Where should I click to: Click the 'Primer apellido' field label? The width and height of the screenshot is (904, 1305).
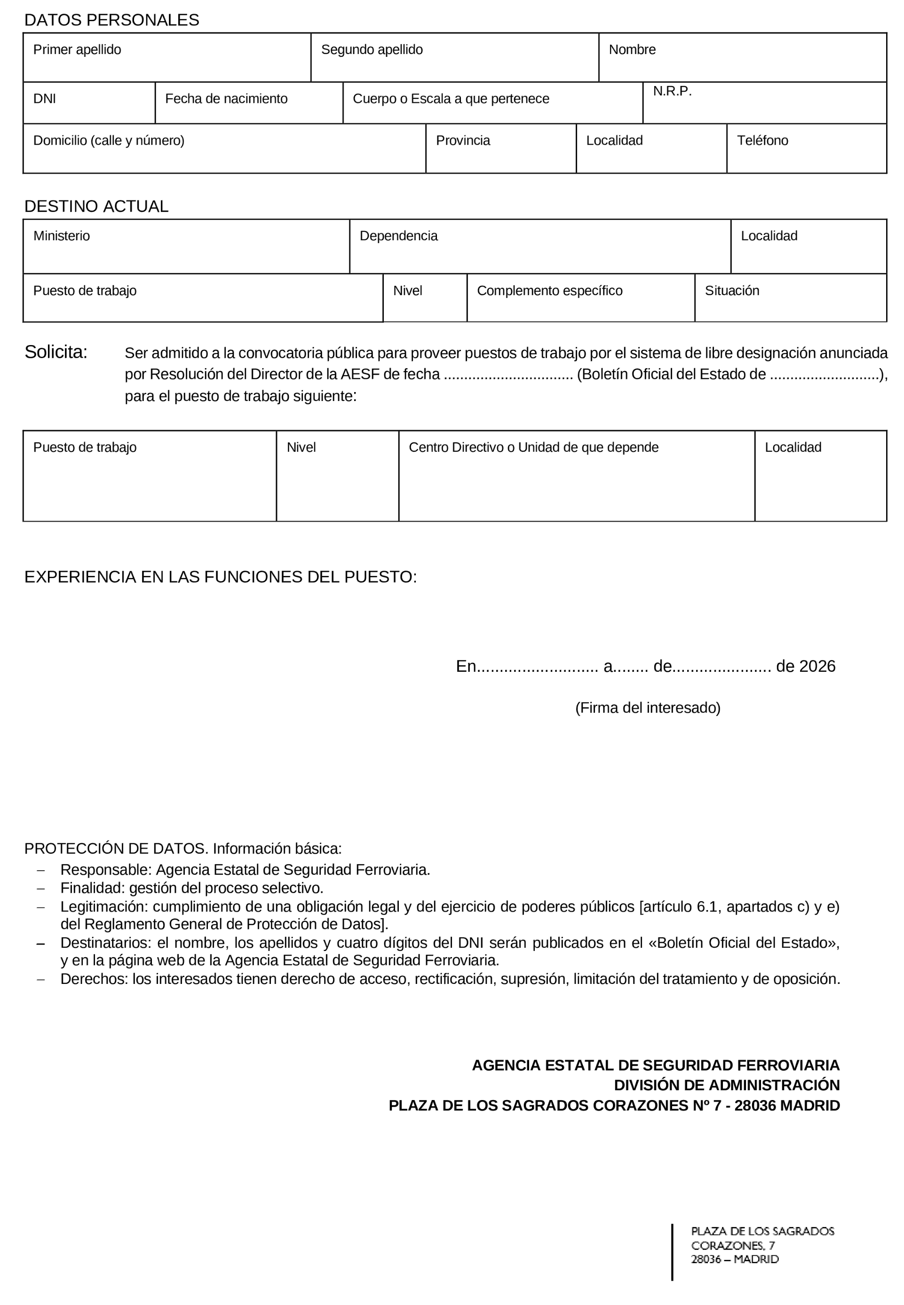click(77, 50)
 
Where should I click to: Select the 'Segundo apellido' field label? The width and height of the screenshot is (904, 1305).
click(372, 50)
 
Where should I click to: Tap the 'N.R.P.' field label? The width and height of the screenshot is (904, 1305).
click(672, 91)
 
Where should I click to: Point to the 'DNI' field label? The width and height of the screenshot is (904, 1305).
click(45, 99)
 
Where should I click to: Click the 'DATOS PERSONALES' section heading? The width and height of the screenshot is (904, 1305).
click(111, 20)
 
